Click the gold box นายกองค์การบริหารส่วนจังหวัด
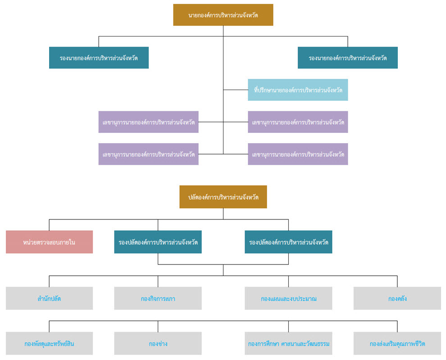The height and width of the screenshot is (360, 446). point(223,15)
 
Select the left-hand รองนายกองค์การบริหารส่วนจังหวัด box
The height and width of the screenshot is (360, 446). point(99,58)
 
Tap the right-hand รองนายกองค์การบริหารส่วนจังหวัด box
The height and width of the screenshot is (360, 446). point(348,58)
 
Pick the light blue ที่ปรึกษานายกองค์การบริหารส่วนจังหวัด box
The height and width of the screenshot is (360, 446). point(298,90)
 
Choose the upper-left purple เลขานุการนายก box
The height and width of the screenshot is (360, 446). point(149,122)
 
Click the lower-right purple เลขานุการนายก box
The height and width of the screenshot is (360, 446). point(298,154)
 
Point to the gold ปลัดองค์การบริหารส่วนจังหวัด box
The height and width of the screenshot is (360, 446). point(223,197)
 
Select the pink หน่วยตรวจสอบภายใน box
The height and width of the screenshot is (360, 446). point(49,242)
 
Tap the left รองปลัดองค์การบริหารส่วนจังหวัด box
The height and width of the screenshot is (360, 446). point(158,242)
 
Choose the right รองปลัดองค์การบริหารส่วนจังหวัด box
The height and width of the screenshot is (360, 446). point(288,242)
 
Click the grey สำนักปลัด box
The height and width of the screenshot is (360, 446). point(49,298)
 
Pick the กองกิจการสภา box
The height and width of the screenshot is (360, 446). point(158,298)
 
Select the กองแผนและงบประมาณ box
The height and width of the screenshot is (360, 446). point(288,298)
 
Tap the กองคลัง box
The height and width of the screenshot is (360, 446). point(397,298)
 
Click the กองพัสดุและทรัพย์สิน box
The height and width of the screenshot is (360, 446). point(49,343)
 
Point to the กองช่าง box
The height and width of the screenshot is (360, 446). point(158,343)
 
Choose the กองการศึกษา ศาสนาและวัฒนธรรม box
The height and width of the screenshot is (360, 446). point(288,343)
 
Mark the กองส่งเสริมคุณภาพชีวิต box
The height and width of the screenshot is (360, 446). point(397,343)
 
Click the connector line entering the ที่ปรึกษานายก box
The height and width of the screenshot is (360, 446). point(236,90)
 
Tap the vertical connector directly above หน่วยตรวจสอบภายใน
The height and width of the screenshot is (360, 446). point(49,225)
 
